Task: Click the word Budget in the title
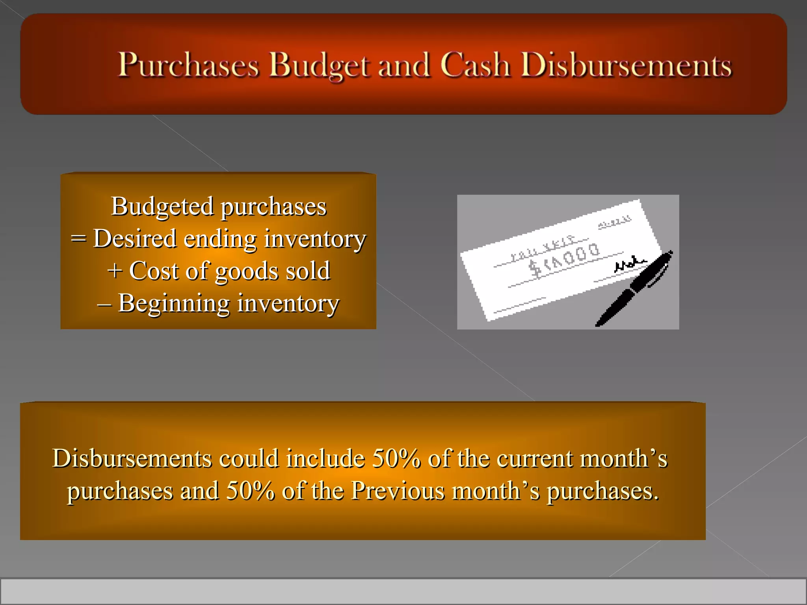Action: coord(319,65)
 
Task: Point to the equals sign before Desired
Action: coord(78,239)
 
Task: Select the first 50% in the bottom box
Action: coord(396,459)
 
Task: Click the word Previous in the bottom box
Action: coord(398,491)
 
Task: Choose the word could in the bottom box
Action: coord(249,459)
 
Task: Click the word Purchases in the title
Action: coord(189,65)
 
